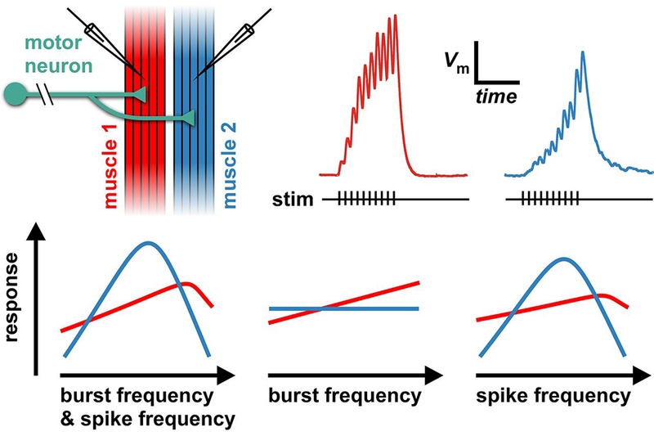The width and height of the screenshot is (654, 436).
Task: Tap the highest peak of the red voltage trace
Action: (396, 16)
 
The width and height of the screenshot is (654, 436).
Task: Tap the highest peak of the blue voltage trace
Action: (582, 52)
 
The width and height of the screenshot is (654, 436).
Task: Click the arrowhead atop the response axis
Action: (34, 235)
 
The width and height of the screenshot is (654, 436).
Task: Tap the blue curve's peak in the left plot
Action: (148, 243)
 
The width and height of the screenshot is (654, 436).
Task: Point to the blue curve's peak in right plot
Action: (564, 259)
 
